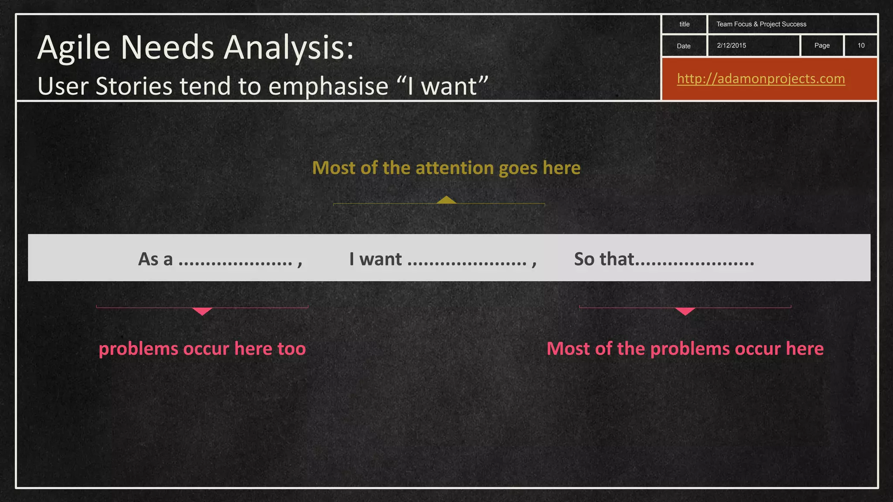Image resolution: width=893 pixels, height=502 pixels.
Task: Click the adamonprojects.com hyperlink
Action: coord(761,79)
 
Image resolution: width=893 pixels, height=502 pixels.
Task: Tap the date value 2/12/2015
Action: coord(731,45)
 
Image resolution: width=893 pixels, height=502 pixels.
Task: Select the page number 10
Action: coord(861,45)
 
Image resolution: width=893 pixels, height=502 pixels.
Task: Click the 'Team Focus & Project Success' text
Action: coord(761,24)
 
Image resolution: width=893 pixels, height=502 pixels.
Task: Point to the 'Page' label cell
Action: coord(821,45)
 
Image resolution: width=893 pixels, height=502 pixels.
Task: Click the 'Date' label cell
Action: coord(683,46)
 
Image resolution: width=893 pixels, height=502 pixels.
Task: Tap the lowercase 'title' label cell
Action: coord(684,24)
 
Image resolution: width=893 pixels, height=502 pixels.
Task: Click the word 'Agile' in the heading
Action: coord(74,47)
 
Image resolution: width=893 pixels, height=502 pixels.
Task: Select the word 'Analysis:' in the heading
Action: coord(288,47)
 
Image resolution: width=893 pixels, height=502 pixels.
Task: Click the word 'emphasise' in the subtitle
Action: coord(328,86)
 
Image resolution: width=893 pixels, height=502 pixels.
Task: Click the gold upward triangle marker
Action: coord(446,200)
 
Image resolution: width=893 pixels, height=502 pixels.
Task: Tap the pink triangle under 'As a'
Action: coord(202,311)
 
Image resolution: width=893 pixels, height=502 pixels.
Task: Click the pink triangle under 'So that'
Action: coord(685,311)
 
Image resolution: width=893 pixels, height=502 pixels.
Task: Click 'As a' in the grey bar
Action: coord(155,259)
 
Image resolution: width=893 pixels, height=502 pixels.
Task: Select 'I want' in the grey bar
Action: coord(375,259)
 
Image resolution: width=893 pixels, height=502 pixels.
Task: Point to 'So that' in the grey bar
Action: coord(603,259)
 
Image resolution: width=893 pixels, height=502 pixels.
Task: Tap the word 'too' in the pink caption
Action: coord(292,349)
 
